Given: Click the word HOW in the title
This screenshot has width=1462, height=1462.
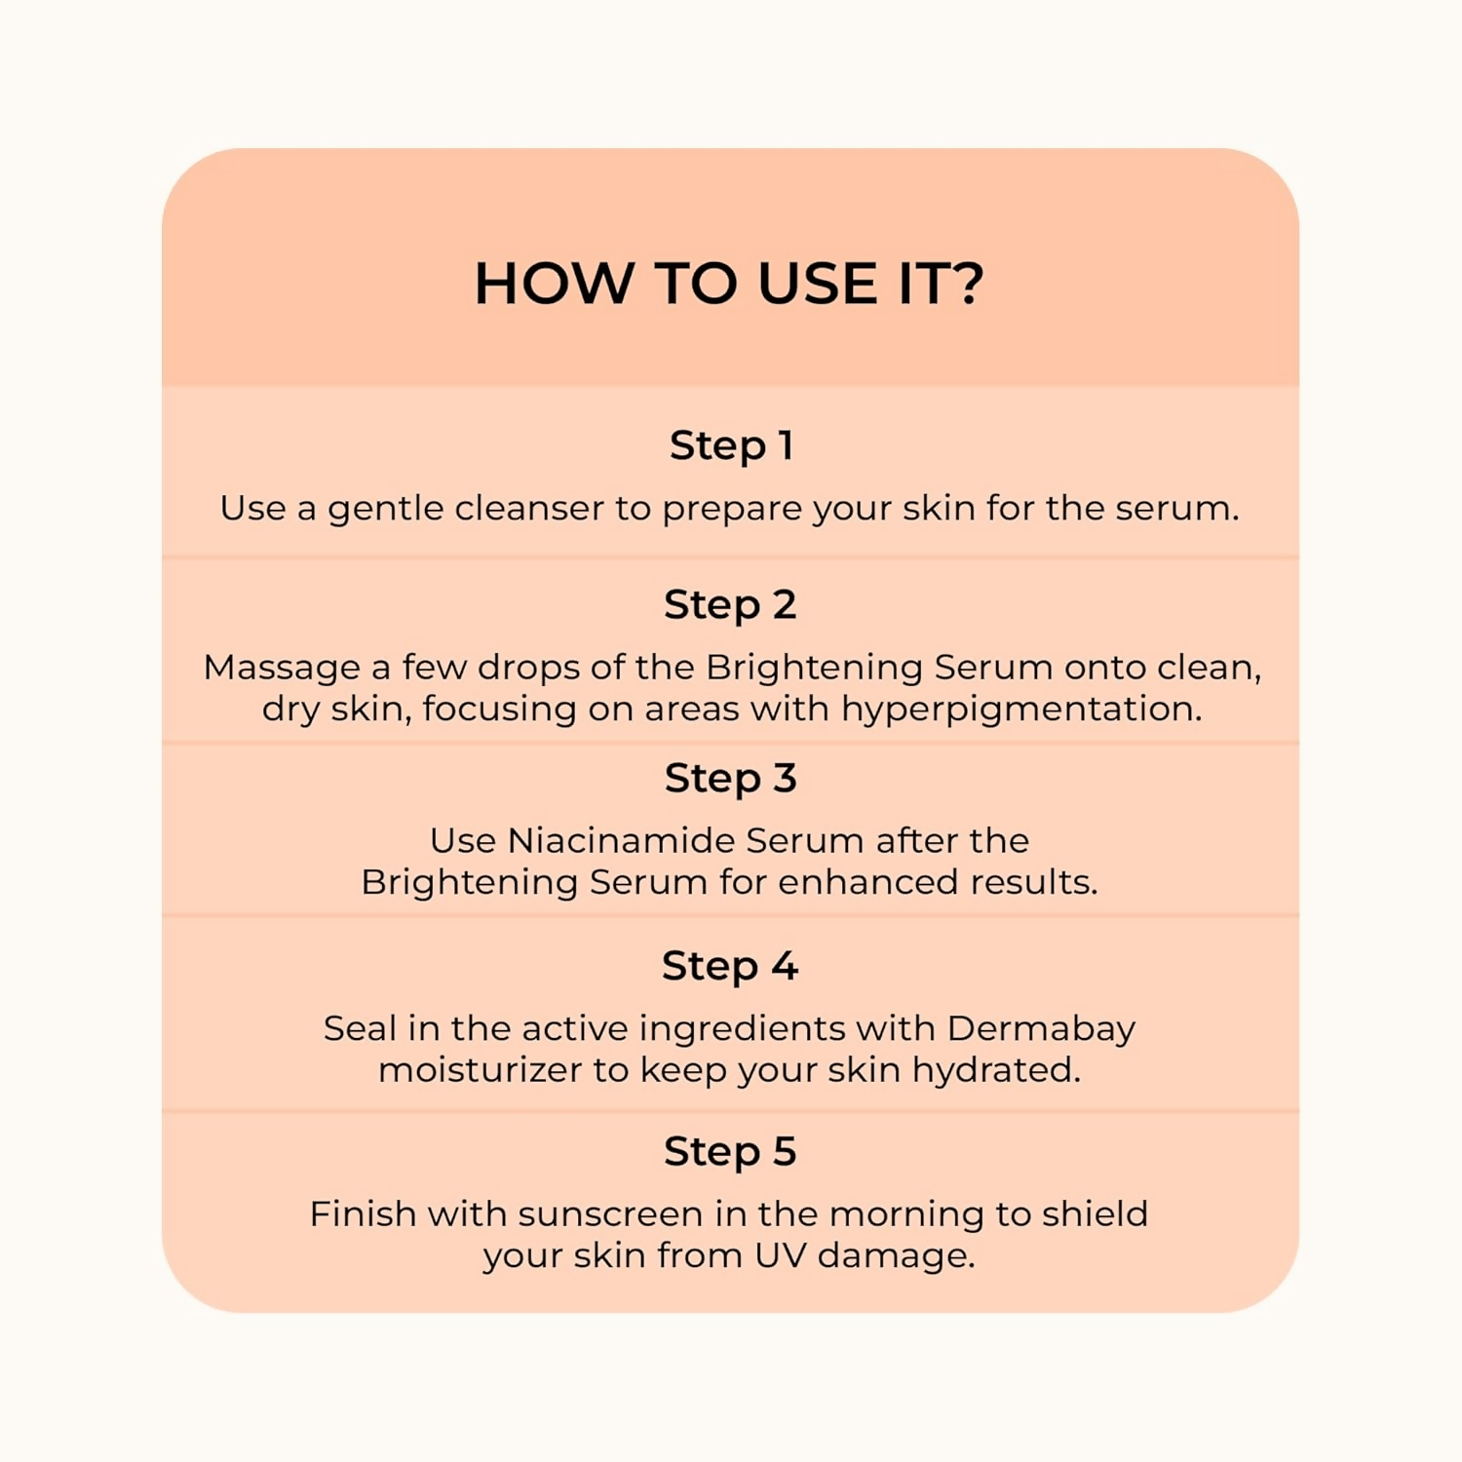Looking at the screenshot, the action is coord(554,284).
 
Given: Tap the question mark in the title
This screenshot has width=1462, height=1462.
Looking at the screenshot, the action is coord(967,284).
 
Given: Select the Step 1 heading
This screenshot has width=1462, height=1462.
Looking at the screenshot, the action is coord(731,446).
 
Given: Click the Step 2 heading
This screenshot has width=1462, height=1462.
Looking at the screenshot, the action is coord(731,605).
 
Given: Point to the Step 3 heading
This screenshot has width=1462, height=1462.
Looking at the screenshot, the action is coord(731,779).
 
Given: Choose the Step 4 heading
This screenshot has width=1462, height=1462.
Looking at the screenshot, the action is coord(731,967).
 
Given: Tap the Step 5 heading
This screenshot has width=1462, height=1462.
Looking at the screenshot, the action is coord(731,1152).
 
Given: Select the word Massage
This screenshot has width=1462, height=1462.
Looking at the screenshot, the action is coord(282,669).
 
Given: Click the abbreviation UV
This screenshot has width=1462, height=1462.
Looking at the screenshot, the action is coord(781,1255).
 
